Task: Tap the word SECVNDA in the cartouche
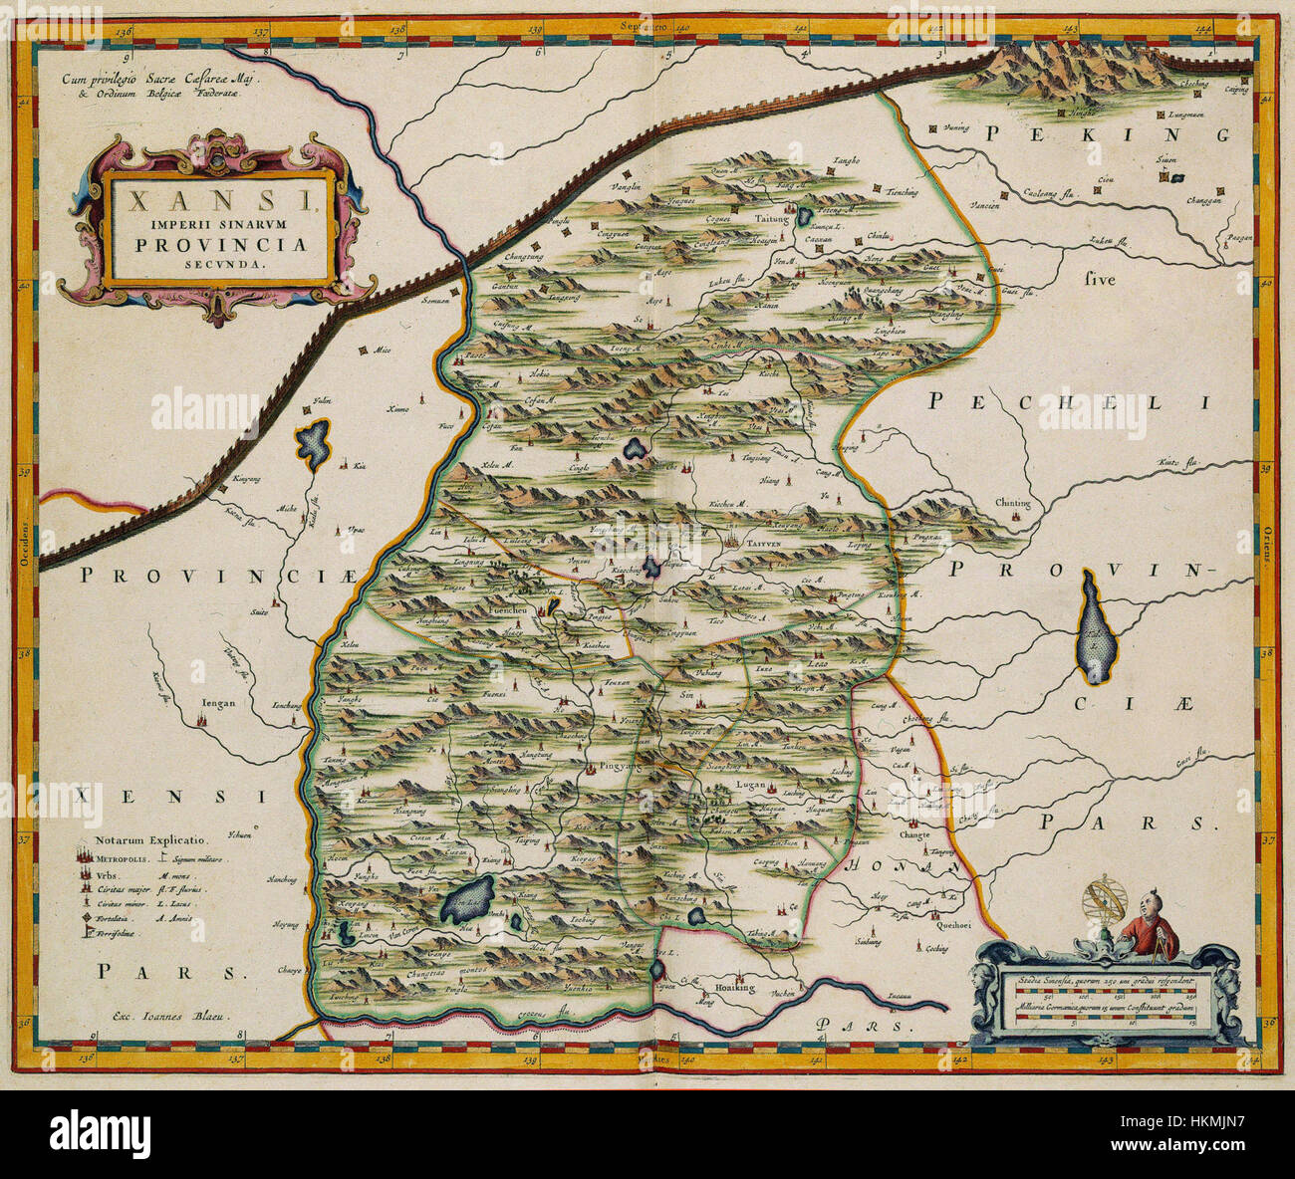pyautogui.click(x=222, y=265)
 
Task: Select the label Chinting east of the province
pyautogui.click(x=1012, y=504)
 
